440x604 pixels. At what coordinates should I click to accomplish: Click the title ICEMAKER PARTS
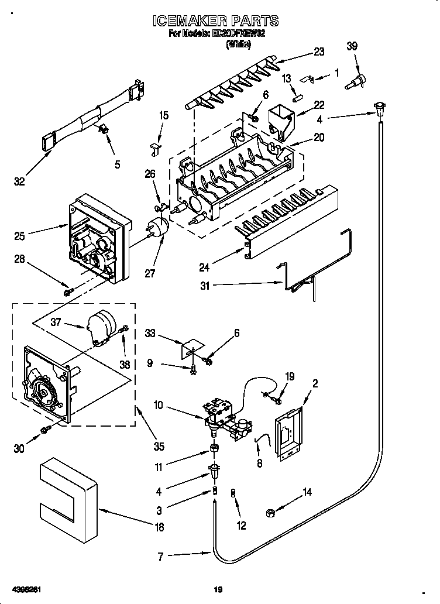(215, 22)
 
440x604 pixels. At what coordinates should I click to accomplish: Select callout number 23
(318, 52)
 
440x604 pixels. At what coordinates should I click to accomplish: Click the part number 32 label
(20, 182)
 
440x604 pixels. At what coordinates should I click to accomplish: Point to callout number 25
(20, 236)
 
